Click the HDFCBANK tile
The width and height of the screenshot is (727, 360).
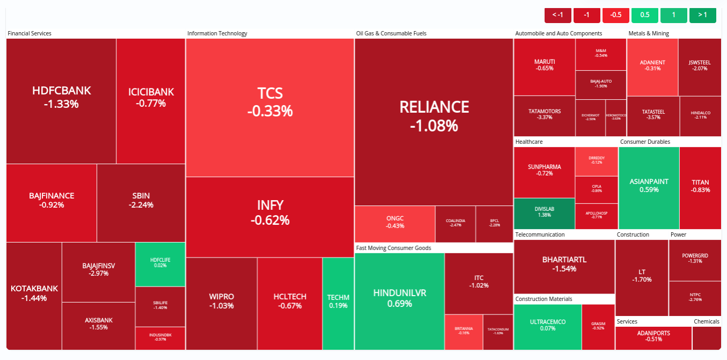pos(61,97)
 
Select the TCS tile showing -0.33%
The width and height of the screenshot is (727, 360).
pos(270,102)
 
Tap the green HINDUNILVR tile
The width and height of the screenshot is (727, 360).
pos(400,298)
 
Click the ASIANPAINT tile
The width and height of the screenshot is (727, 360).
pos(649,185)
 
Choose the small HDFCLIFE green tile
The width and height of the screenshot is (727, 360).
pos(160,263)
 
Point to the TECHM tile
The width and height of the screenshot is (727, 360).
pos(338,302)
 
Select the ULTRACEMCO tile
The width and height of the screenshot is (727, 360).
pos(547,325)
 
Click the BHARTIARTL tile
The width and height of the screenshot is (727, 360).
pos(564,263)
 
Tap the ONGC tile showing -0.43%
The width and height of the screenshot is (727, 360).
pos(395,222)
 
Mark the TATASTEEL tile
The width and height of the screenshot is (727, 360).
pos(653,115)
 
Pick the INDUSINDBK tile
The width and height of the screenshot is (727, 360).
pos(160,337)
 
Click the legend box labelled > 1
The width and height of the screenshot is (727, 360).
pos(702,15)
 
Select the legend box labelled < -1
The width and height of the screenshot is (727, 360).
pos(558,15)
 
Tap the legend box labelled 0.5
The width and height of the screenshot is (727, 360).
pos(645,15)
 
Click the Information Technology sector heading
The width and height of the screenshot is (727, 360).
pos(217,33)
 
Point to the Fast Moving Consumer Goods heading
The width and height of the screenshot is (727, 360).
pos(393,248)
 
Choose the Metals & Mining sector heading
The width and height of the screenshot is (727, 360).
pos(648,33)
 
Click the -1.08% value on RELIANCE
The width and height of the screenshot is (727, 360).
pos(434,126)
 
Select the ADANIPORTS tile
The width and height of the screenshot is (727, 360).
pos(653,336)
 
